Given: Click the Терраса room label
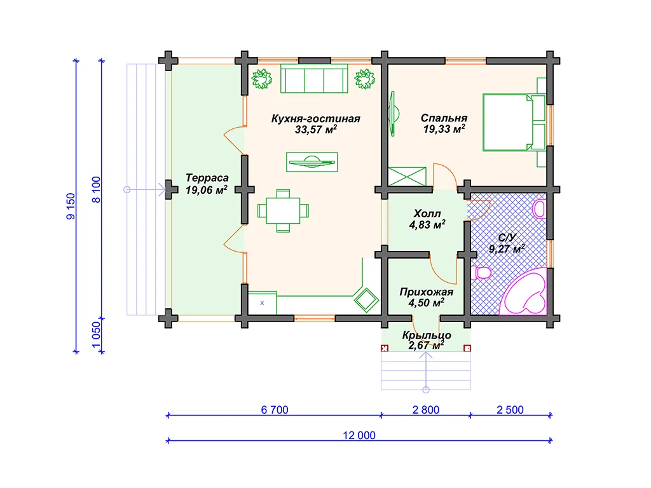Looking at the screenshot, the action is (x=207, y=178).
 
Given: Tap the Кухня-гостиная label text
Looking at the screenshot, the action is (x=315, y=119).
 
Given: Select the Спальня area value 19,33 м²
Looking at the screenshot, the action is (x=444, y=129).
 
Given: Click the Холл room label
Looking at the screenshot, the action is (x=427, y=213).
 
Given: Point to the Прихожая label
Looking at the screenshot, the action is (x=427, y=292).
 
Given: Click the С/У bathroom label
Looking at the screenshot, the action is (x=507, y=238).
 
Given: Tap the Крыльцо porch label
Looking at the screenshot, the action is (x=427, y=335).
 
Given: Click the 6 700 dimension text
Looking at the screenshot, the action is (x=275, y=410).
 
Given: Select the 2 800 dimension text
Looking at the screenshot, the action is (x=425, y=410).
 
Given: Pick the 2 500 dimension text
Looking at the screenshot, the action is (x=510, y=410).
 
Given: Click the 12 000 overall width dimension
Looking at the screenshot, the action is (x=359, y=435).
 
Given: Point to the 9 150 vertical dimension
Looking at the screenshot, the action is (x=71, y=207).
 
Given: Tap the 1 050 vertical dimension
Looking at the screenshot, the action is (x=96, y=335).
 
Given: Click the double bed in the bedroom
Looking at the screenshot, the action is (x=514, y=123).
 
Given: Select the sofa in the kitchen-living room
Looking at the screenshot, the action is (x=314, y=79).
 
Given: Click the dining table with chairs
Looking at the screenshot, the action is (x=283, y=210).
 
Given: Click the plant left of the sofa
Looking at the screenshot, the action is (x=261, y=79).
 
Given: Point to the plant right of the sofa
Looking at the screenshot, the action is (x=364, y=79).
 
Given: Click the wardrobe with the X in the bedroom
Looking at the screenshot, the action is (x=408, y=177).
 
